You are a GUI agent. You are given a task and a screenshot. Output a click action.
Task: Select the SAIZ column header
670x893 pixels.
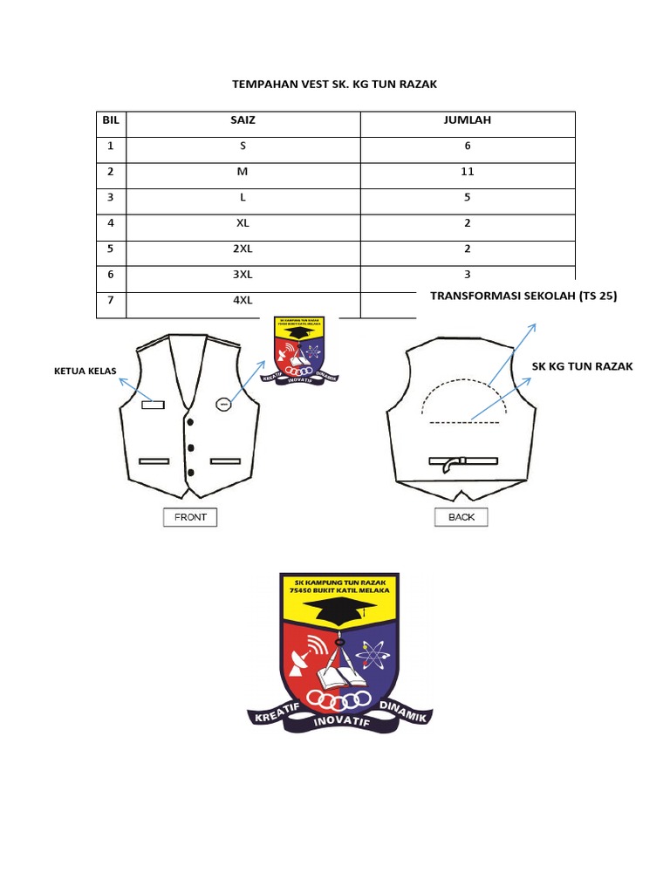click(243, 120)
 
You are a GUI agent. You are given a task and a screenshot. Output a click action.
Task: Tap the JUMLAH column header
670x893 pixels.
click(468, 120)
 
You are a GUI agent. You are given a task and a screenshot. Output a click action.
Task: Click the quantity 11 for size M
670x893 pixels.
click(468, 172)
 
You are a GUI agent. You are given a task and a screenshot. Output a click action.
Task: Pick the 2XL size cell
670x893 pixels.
click(243, 249)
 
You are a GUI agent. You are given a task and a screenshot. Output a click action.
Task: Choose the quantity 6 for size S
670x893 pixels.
click(468, 146)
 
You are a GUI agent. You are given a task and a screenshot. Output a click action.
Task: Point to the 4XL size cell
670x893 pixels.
click(243, 301)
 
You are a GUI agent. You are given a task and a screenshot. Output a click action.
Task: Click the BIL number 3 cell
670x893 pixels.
click(111, 197)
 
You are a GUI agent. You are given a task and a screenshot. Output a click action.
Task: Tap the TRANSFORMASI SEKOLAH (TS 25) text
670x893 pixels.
click(523, 297)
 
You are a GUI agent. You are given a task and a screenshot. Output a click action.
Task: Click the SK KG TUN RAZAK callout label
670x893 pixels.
click(583, 366)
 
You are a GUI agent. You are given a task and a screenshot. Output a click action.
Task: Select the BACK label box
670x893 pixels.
click(461, 517)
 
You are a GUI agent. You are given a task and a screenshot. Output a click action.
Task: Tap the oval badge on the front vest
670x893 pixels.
click(224, 403)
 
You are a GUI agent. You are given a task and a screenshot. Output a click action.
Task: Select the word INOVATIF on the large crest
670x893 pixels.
click(339, 722)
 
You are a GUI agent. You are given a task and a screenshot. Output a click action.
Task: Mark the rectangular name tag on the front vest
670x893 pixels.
click(153, 403)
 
